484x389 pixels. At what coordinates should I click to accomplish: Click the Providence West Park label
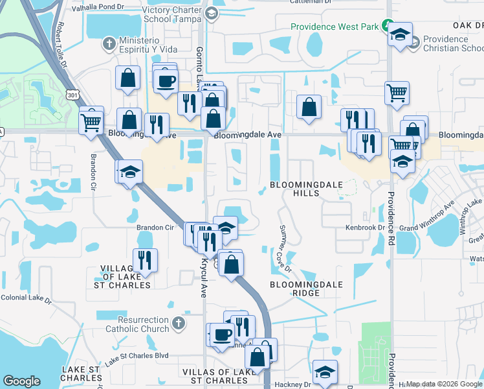pos(333,27)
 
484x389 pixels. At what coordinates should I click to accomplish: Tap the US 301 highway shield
pos(71,95)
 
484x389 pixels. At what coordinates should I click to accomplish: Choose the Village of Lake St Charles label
pos(126,276)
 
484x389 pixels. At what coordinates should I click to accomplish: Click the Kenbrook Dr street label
pos(366,228)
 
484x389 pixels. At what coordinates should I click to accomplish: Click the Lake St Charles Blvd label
pos(137,357)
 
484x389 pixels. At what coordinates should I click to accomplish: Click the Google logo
pos(21,381)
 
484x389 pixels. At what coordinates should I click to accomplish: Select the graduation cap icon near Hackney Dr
pos(325,372)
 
